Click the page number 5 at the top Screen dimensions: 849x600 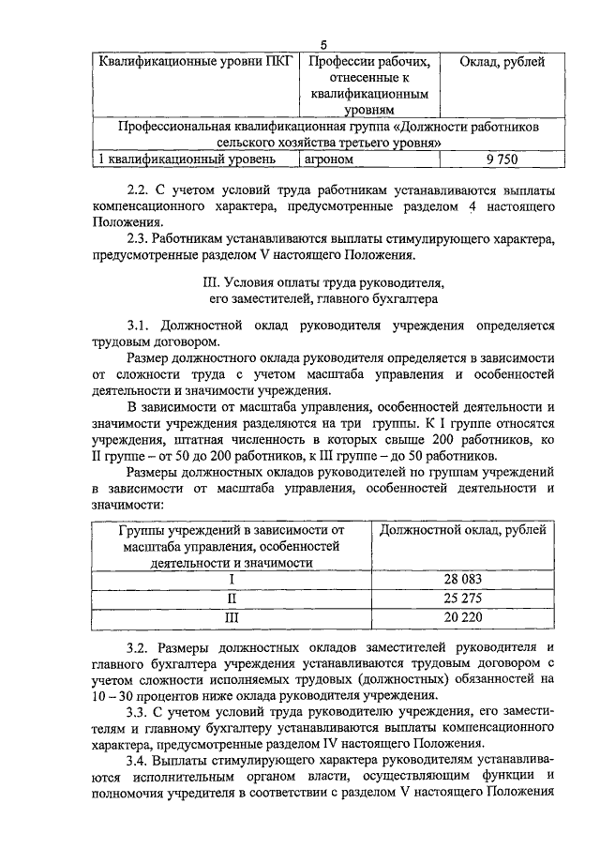tap(322, 46)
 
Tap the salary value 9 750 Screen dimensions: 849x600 tap(502, 159)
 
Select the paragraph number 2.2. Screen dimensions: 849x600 tap(139, 188)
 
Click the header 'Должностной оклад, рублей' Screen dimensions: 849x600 tap(463, 530)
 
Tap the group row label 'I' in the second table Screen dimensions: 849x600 tap(232, 580)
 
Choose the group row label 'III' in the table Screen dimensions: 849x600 tap(232, 617)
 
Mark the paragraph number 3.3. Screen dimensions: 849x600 tap(139, 711)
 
